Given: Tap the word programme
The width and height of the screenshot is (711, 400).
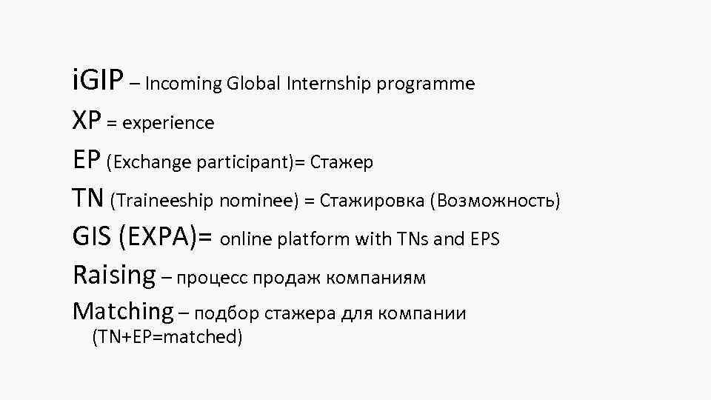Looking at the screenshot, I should [425, 84].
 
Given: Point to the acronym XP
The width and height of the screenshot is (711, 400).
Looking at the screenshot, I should [87, 121].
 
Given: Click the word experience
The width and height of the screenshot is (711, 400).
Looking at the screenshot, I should [168, 123].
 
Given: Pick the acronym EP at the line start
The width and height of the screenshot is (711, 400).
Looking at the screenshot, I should [87, 160].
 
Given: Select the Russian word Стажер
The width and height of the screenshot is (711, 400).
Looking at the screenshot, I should [341, 161].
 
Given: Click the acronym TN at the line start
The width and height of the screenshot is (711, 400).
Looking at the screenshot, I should [89, 199].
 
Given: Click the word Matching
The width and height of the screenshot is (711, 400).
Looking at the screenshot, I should [122, 312].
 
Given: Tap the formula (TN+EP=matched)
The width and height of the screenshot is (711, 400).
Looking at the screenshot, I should [167, 338].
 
